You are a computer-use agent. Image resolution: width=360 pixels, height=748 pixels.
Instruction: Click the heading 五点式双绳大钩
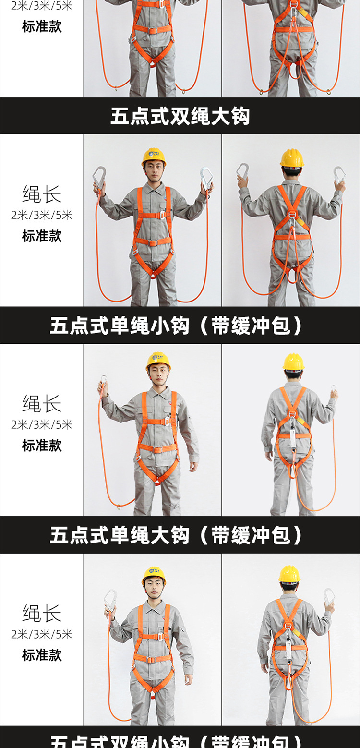pyautogui.click(x=180, y=116)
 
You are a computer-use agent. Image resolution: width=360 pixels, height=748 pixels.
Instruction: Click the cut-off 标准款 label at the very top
pyautogui.click(x=42, y=26)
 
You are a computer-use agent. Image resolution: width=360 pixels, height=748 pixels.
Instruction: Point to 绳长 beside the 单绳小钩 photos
pyautogui.click(x=42, y=404)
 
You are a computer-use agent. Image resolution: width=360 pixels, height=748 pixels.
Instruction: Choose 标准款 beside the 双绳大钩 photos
pyautogui.click(x=42, y=236)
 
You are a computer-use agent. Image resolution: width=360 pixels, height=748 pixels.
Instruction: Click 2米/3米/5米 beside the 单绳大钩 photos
pyautogui.click(x=42, y=634)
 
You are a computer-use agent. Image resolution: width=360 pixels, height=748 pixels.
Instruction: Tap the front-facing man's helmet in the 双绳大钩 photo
pyautogui.click(x=154, y=157)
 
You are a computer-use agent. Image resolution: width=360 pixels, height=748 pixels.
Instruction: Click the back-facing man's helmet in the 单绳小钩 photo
pyautogui.click(x=293, y=362)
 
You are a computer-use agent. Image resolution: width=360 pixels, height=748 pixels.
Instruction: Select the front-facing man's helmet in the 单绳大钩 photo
pyautogui.click(x=154, y=575)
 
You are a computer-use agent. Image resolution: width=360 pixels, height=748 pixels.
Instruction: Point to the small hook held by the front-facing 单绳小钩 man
pyautogui.click(x=103, y=381)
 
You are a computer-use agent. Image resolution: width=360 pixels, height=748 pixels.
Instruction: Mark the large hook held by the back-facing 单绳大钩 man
pyautogui.click(x=329, y=596)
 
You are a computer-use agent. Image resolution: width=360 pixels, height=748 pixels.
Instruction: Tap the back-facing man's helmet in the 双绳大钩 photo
pyautogui.click(x=292, y=158)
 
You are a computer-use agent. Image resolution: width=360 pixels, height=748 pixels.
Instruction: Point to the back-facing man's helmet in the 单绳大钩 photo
pyautogui.click(x=289, y=574)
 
